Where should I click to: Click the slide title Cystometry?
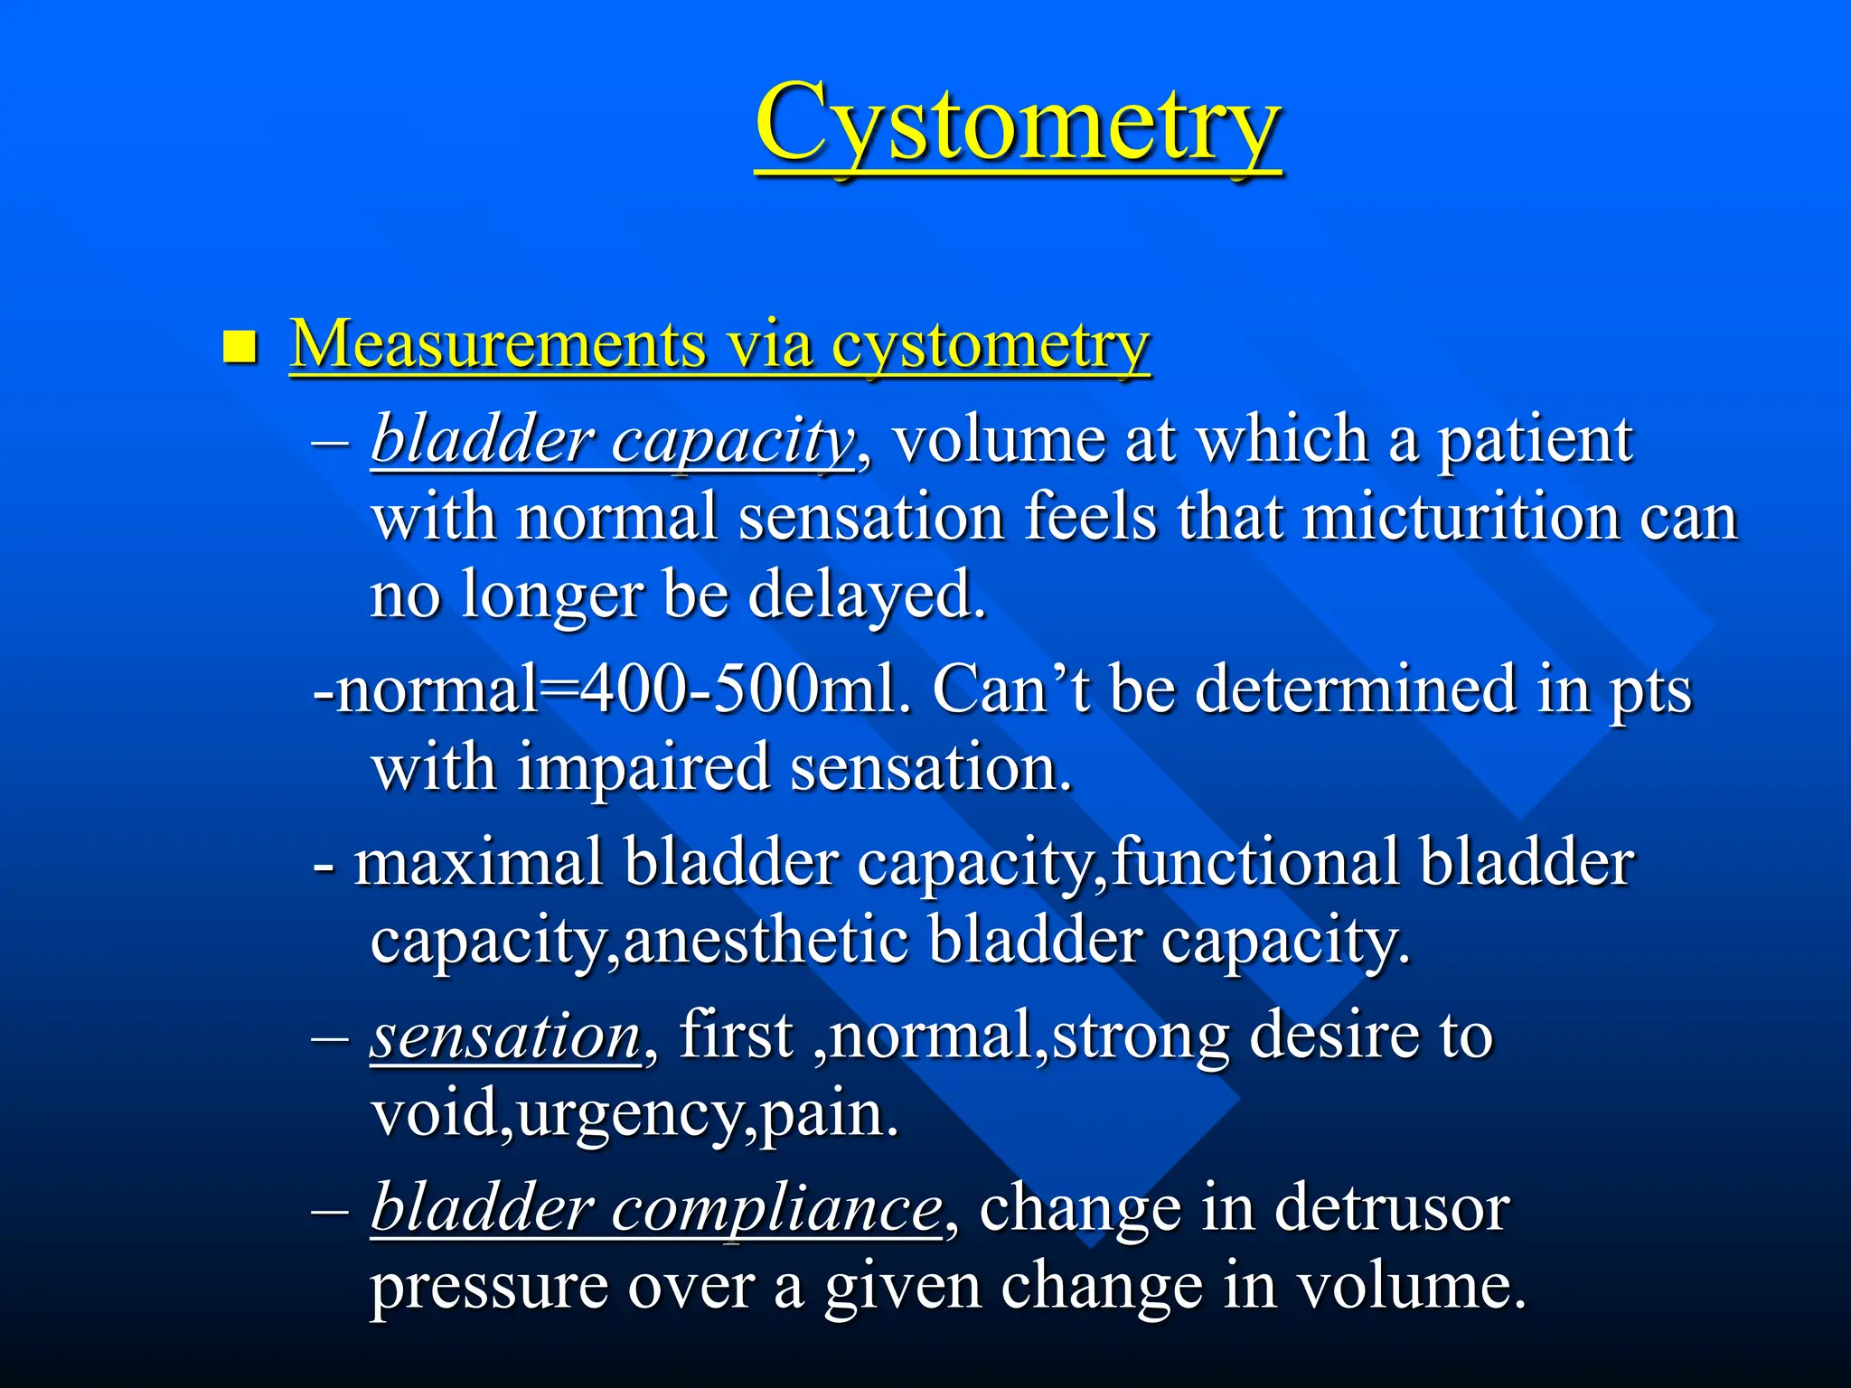pyautogui.click(x=1018, y=125)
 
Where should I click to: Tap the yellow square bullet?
pyautogui.click(x=240, y=346)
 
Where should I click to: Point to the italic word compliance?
pyautogui.click(x=776, y=1209)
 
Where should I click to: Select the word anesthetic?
pyautogui.click(x=766, y=941)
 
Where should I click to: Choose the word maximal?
pyautogui.click(x=478, y=862)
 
